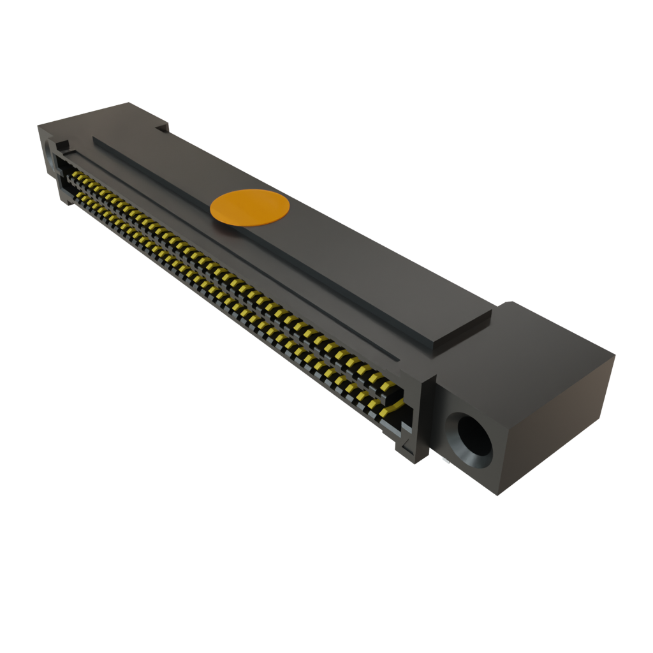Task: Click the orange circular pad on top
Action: coord(250,208)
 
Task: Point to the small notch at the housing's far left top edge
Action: coord(162,128)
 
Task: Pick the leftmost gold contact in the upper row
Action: coord(75,173)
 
